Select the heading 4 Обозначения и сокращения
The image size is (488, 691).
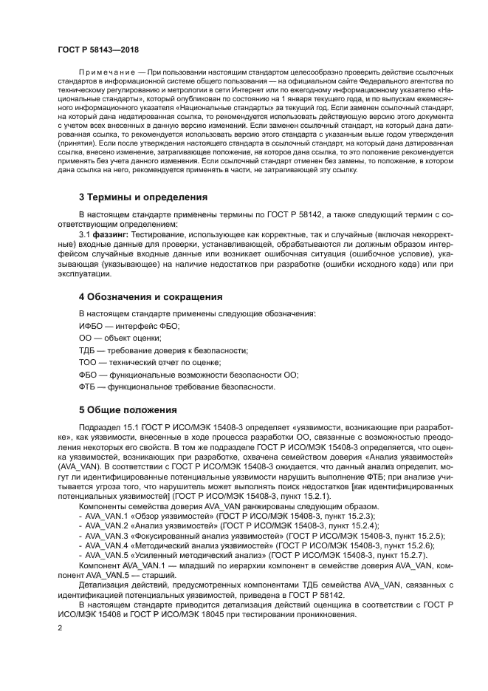[x=151, y=296]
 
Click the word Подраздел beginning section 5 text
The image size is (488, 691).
[x=99, y=428]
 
